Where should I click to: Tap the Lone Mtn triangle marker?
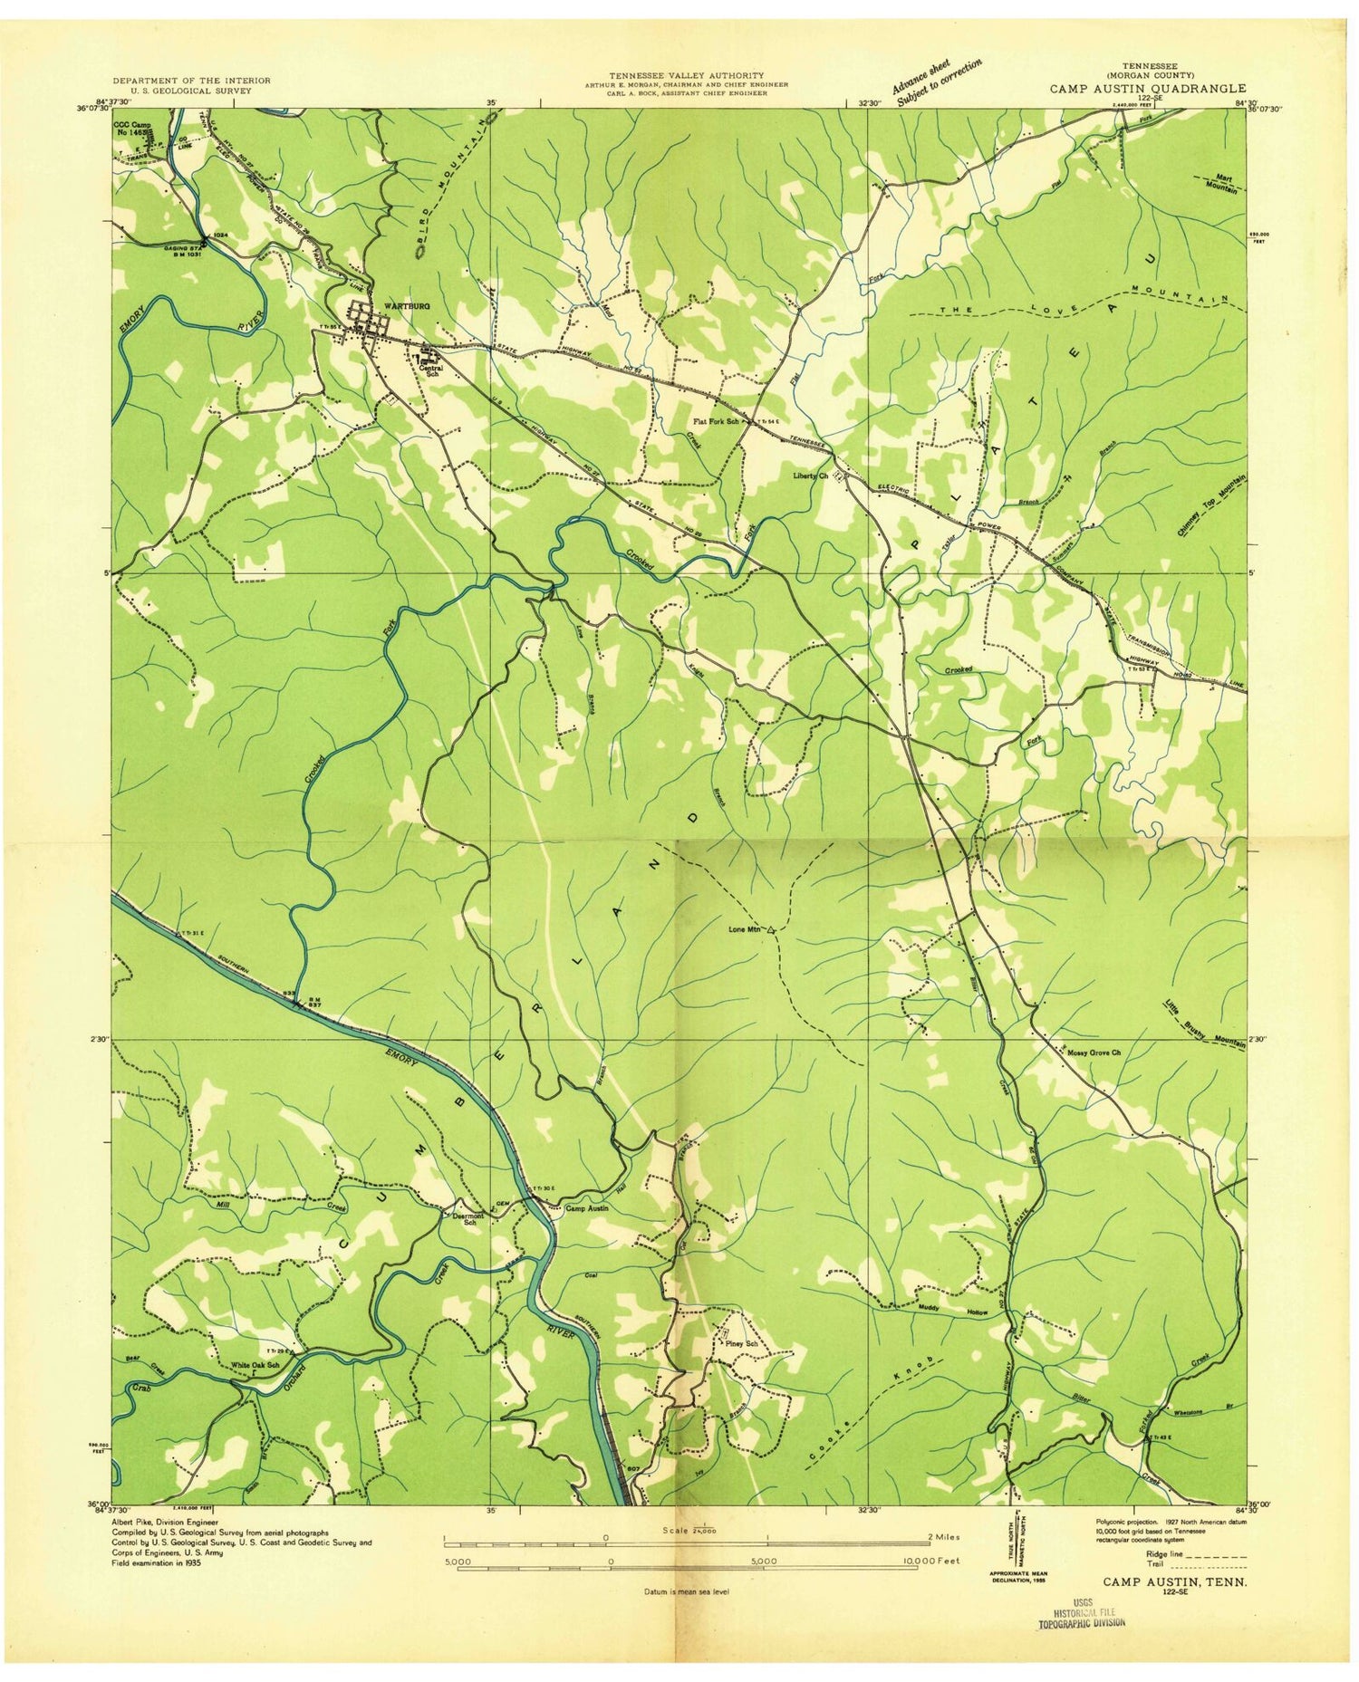pyautogui.click(x=771, y=929)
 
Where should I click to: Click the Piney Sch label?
pyautogui.click(x=739, y=1343)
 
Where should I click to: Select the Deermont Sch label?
pyautogui.click(x=465, y=1220)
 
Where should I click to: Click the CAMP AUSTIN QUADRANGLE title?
pyautogui.click(x=1147, y=89)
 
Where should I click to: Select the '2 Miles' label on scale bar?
pyautogui.click(x=942, y=1536)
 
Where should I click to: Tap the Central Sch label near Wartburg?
pyautogui.click(x=429, y=370)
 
